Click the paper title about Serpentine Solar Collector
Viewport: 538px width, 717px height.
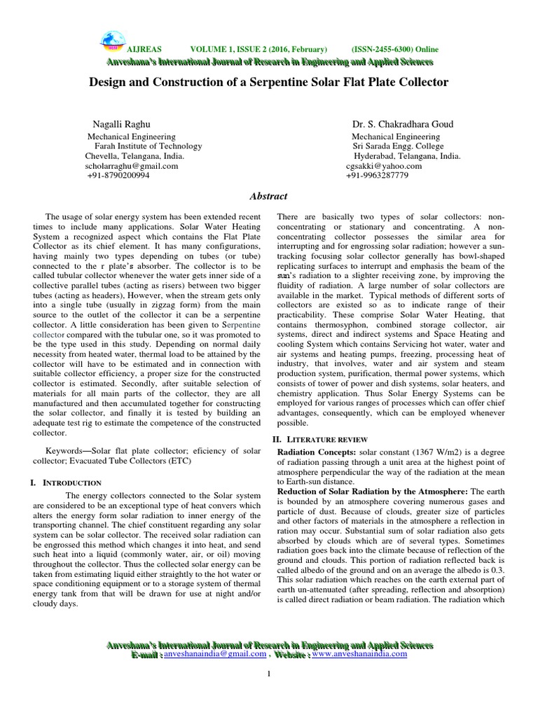click(269, 82)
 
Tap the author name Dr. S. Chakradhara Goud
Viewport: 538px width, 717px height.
click(401, 123)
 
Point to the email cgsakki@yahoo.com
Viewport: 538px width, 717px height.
click(384, 166)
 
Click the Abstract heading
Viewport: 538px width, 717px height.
click(268, 197)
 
